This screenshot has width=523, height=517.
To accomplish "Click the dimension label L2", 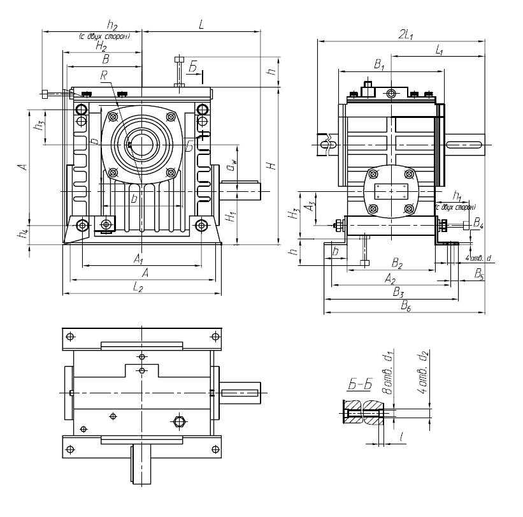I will [x=138, y=288].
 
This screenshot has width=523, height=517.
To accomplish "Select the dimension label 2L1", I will [x=403, y=36].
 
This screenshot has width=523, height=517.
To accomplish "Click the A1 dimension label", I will [x=138, y=259].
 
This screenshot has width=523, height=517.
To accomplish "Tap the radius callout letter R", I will [x=105, y=75].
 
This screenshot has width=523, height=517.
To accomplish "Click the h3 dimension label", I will [x=40, y=126].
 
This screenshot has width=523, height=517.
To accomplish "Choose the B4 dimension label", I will [x=478, y=225].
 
